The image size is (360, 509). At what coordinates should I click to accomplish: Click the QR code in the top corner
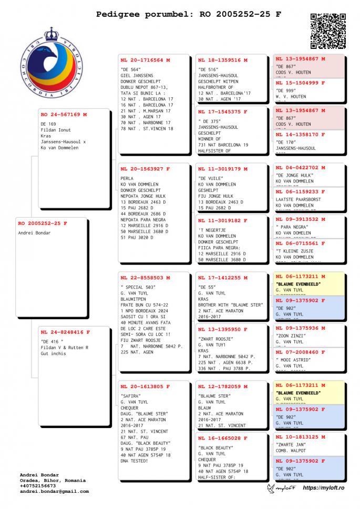(328, 32)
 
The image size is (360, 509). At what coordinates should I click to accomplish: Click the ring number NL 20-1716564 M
(146, 60)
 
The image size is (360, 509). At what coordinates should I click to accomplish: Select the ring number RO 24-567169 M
(64, 114)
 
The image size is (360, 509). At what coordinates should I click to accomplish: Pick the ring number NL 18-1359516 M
(223, 60)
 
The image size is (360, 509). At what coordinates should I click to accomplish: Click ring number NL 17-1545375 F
(223, 111)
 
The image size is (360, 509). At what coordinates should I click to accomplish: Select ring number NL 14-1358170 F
(301, 135)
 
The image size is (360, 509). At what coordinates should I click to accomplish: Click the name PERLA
(127, 178)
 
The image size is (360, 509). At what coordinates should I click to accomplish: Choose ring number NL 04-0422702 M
(301, 168)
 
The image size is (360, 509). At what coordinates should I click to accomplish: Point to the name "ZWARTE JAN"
(290, 444)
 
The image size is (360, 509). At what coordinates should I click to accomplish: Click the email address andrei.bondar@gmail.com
(54, 491)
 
